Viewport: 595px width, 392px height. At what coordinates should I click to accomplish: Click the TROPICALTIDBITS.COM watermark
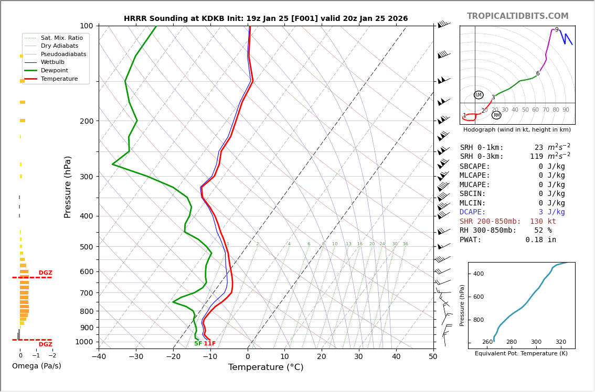[517, 16]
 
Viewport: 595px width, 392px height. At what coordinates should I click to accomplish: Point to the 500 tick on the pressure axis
[86, 247]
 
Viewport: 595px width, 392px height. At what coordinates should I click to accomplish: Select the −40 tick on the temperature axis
[99, 357]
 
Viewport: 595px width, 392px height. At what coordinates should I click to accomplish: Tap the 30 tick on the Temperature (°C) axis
[358, 357]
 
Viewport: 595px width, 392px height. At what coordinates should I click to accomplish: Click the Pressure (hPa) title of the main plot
[68, 187]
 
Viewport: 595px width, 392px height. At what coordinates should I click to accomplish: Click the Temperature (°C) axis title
[265, 367]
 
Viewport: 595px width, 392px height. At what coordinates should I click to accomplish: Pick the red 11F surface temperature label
[210, 344]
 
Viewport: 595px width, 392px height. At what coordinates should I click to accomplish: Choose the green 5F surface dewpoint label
[198, 344]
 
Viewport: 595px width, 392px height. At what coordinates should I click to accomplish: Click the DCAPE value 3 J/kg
[551, 212]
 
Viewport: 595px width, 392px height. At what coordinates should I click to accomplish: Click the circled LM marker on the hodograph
[479, 95]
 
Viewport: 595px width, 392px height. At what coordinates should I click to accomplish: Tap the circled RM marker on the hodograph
[496, 115]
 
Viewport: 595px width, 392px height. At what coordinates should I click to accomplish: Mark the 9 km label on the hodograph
[557, 30]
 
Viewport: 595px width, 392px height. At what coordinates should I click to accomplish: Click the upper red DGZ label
[46, 273]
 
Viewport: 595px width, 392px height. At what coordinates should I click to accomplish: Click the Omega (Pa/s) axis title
[37, 366]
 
